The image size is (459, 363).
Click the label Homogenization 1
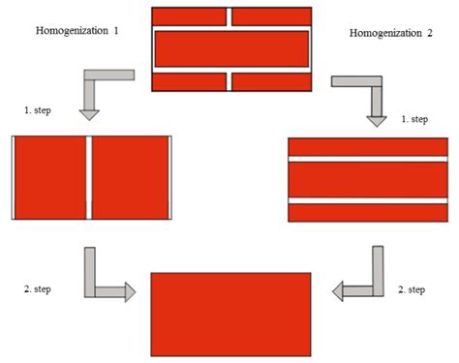tap(77, 31)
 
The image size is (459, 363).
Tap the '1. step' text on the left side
tap(39, 111)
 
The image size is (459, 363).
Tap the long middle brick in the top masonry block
tap(231, 48)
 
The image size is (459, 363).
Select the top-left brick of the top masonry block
tap(189, 16)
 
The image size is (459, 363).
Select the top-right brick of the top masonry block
tap(272, 16)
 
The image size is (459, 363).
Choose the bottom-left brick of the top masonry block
tap(189, 81)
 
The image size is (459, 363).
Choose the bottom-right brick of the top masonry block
tap(272, 81)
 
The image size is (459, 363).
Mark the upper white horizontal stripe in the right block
tap(368, 158)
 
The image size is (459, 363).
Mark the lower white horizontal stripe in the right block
tap(368, 199)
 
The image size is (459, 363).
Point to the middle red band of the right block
tap(368, 178)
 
